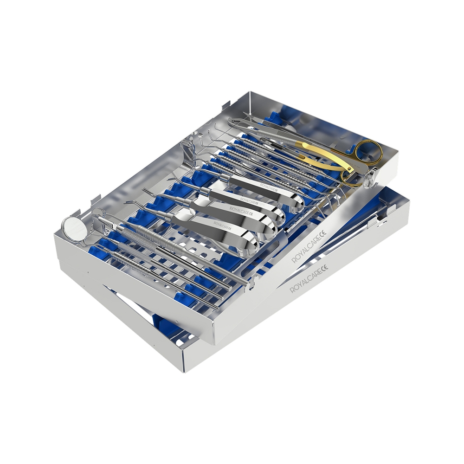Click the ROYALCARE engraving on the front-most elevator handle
point(220,226)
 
